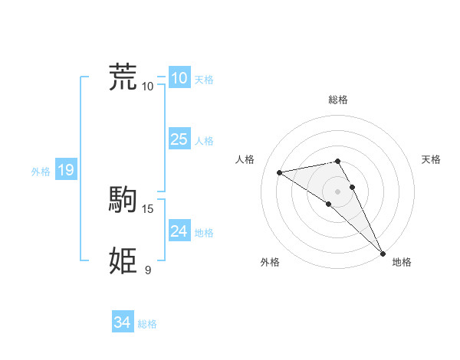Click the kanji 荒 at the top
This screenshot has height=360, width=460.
point(123,77)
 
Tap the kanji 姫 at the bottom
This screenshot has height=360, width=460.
point(123,261)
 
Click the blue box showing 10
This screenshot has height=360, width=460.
point(179,78)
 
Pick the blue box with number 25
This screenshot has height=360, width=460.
point(179,139)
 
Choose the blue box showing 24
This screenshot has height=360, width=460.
point(179,231)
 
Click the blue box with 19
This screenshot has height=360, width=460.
point(65,170)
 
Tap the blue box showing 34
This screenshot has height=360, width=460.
point(123,322)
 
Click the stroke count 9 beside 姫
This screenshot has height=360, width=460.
point(148,270)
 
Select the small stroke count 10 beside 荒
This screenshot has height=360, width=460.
point(148,86)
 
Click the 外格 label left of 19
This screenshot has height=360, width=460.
point(41,172)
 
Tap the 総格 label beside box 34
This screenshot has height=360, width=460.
point(147,324)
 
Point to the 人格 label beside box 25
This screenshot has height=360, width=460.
point(204,141)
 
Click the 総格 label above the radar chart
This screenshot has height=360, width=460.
point(338,100)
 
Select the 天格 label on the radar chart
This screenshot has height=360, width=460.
point(431,159)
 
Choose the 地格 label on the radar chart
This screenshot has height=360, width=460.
point(402,262)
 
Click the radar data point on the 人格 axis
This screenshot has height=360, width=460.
point(280,172)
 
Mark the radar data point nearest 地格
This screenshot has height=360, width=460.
point(383,253)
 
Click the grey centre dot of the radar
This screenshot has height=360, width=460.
point(338,191)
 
